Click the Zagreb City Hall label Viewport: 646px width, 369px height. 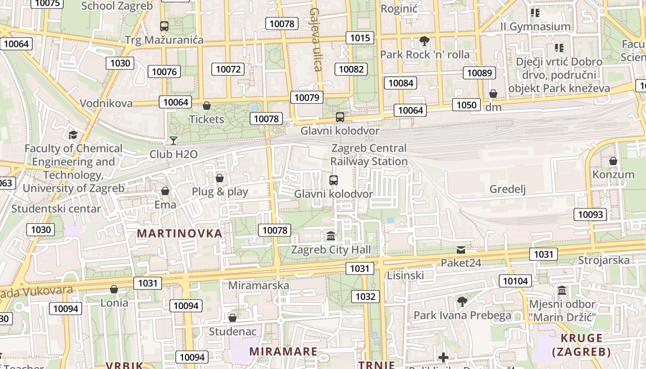(x=330, y=250)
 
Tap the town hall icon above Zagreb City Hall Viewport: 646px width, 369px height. (x=331, y=236)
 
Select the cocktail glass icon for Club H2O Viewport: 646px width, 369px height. (x=173, y=140)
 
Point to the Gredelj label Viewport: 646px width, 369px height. (x=508, y=189)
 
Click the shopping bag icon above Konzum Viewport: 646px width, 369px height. (x=613, y=161)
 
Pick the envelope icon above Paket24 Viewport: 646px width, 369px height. (x=461, y=250)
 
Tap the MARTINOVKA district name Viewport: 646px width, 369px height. (x=180, y=233)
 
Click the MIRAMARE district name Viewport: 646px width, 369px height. (x=283, y=351)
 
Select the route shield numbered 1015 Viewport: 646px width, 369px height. (x=359, y=38)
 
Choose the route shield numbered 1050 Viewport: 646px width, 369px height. (x=466, y=105)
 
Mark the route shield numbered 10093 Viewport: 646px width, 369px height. (x=590, y=214)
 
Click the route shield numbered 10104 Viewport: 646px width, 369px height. (x=515, y=281)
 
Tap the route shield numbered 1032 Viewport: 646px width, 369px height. (x=365, y=296)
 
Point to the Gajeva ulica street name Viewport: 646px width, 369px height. (x=315, y=39)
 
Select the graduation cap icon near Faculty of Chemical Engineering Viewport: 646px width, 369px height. (x=73, y=135)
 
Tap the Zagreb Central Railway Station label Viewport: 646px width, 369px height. (x=369, y=155)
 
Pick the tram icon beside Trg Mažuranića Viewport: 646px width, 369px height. (x=164, y=26)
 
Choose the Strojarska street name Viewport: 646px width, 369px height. (x=604, y=260)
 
